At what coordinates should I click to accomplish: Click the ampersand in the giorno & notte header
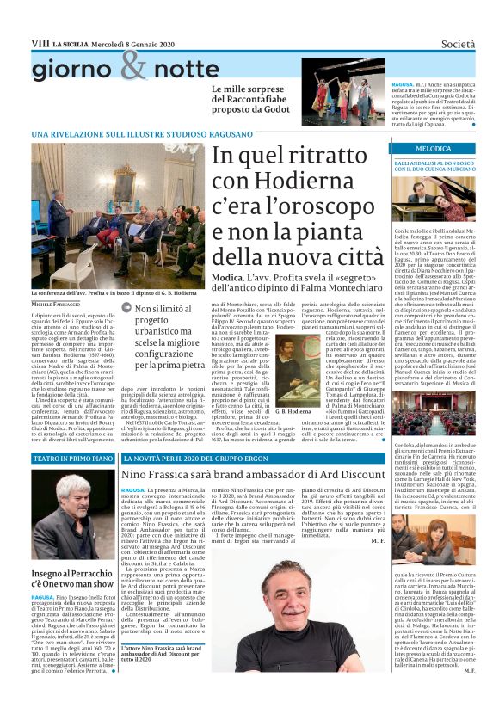pos(134,65)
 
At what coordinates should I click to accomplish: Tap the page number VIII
pos(40,43)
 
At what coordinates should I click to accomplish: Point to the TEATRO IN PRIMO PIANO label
pos(68,459)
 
